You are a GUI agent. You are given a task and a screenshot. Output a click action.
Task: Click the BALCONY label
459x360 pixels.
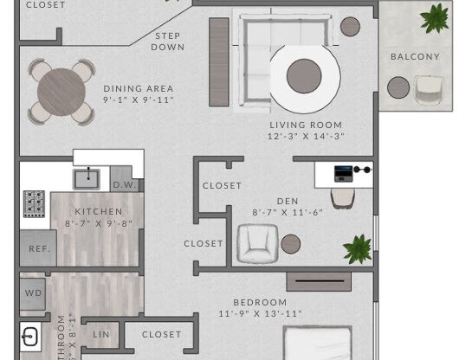(x=415, y=57)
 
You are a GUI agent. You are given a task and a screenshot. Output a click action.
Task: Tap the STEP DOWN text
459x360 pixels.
(x=168, y=42)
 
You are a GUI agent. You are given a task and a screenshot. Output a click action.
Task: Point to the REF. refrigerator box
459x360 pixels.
(x=39, y=248)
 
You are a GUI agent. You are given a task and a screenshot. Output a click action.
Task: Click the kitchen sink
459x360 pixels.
(x=87, y=179)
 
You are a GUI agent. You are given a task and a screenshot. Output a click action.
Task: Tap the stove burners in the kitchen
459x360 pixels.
(x=34, y=203)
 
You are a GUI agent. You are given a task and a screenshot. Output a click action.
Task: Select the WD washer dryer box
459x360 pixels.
(x=33, y=293)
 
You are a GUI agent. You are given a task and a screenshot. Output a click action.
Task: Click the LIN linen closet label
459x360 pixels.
(x=101, y=334)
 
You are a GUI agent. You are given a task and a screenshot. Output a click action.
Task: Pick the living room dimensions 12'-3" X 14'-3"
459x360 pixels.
(x=306, y=136)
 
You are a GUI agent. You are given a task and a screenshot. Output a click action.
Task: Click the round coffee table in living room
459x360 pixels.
(x=304, y=76)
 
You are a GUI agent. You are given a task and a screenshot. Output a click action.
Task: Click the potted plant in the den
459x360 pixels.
(x=357, y=249)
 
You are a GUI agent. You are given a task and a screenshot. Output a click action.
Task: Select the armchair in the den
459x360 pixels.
(x=257, y=243)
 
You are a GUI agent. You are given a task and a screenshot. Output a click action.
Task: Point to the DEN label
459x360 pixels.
(x=288, y=202)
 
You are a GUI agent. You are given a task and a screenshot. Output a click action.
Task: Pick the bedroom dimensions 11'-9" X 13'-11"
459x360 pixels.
(x=260, y=314)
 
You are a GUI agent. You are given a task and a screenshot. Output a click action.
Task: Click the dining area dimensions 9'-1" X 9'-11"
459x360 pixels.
(x=139, y=100)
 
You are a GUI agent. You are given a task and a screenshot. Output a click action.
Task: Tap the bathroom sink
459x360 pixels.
(x=29, y=337)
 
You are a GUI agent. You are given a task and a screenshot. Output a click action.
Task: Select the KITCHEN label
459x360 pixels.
(x=93, y=212)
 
